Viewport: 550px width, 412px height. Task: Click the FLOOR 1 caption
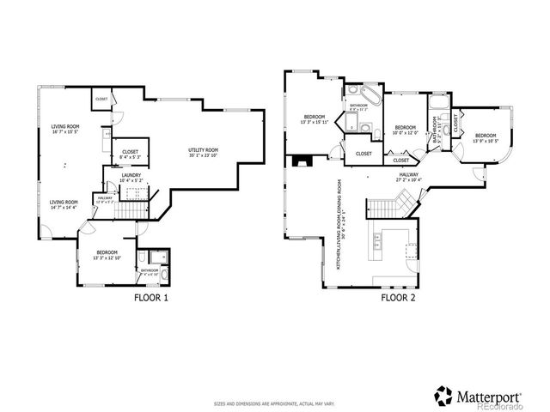pos(150,298)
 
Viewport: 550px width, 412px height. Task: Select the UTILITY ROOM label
pos(204,154)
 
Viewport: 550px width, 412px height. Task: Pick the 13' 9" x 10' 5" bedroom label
pos(486,137)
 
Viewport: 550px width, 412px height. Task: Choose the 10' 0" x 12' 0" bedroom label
pos(405,130)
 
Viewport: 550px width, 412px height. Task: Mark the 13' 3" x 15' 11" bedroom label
pos(315,120)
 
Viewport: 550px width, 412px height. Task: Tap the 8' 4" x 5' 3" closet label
pos(130,154)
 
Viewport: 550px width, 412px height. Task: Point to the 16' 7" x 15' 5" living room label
pos(65,130)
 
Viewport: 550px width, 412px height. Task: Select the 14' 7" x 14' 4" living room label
pos(64,204)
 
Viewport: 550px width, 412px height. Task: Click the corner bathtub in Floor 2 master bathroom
pos(357,94)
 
